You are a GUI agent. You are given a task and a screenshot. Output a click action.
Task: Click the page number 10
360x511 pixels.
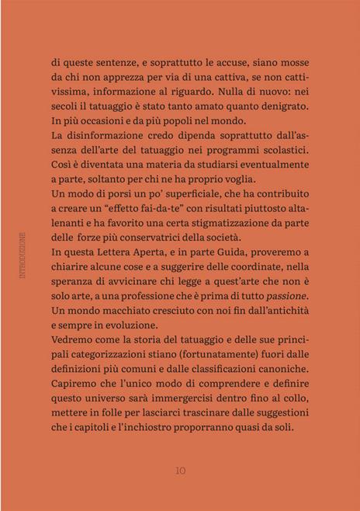(x=180, y=470)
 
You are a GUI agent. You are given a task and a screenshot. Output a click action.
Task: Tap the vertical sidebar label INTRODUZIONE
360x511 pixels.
(x=23, y=255)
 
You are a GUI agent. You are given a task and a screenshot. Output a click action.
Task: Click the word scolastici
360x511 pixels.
(x=279, y=151)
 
